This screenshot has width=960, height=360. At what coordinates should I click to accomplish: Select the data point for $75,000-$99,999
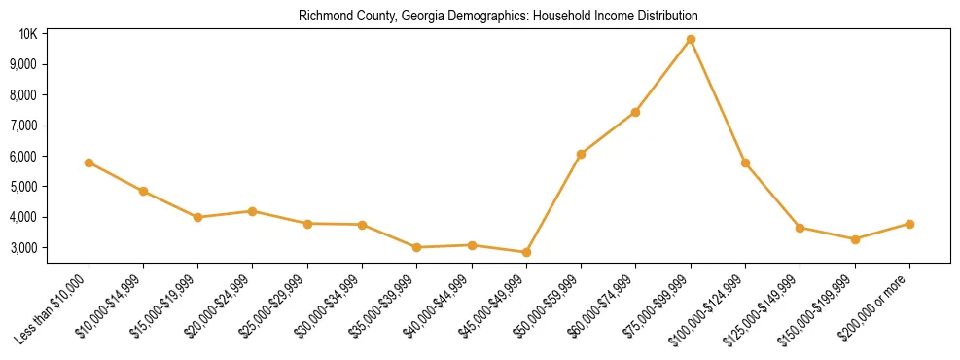pyautogui.click(x=691, y=40)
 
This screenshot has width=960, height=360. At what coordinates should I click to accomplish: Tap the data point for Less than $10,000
pyautogui.click(x=89, y=162)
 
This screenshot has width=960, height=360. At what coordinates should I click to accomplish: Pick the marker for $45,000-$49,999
pyautogui.click(x=526, y=252)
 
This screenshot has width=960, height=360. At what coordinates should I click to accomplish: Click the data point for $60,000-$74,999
pyautogui.click(x=635, y=112)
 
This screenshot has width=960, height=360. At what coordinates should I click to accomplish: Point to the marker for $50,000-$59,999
pyautogui.click(x=581, y=154)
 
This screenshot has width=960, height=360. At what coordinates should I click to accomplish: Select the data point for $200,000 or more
pyautogui.click(x=909, y=224)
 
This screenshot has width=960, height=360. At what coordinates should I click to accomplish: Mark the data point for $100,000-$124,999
pyautogui.click(x=745, y=162)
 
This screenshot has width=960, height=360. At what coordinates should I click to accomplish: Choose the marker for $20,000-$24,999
pyautogui.click(x=253, y=211)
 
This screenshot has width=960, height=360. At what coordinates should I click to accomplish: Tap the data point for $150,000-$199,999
pyautogui.click(x=855, y=239)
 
